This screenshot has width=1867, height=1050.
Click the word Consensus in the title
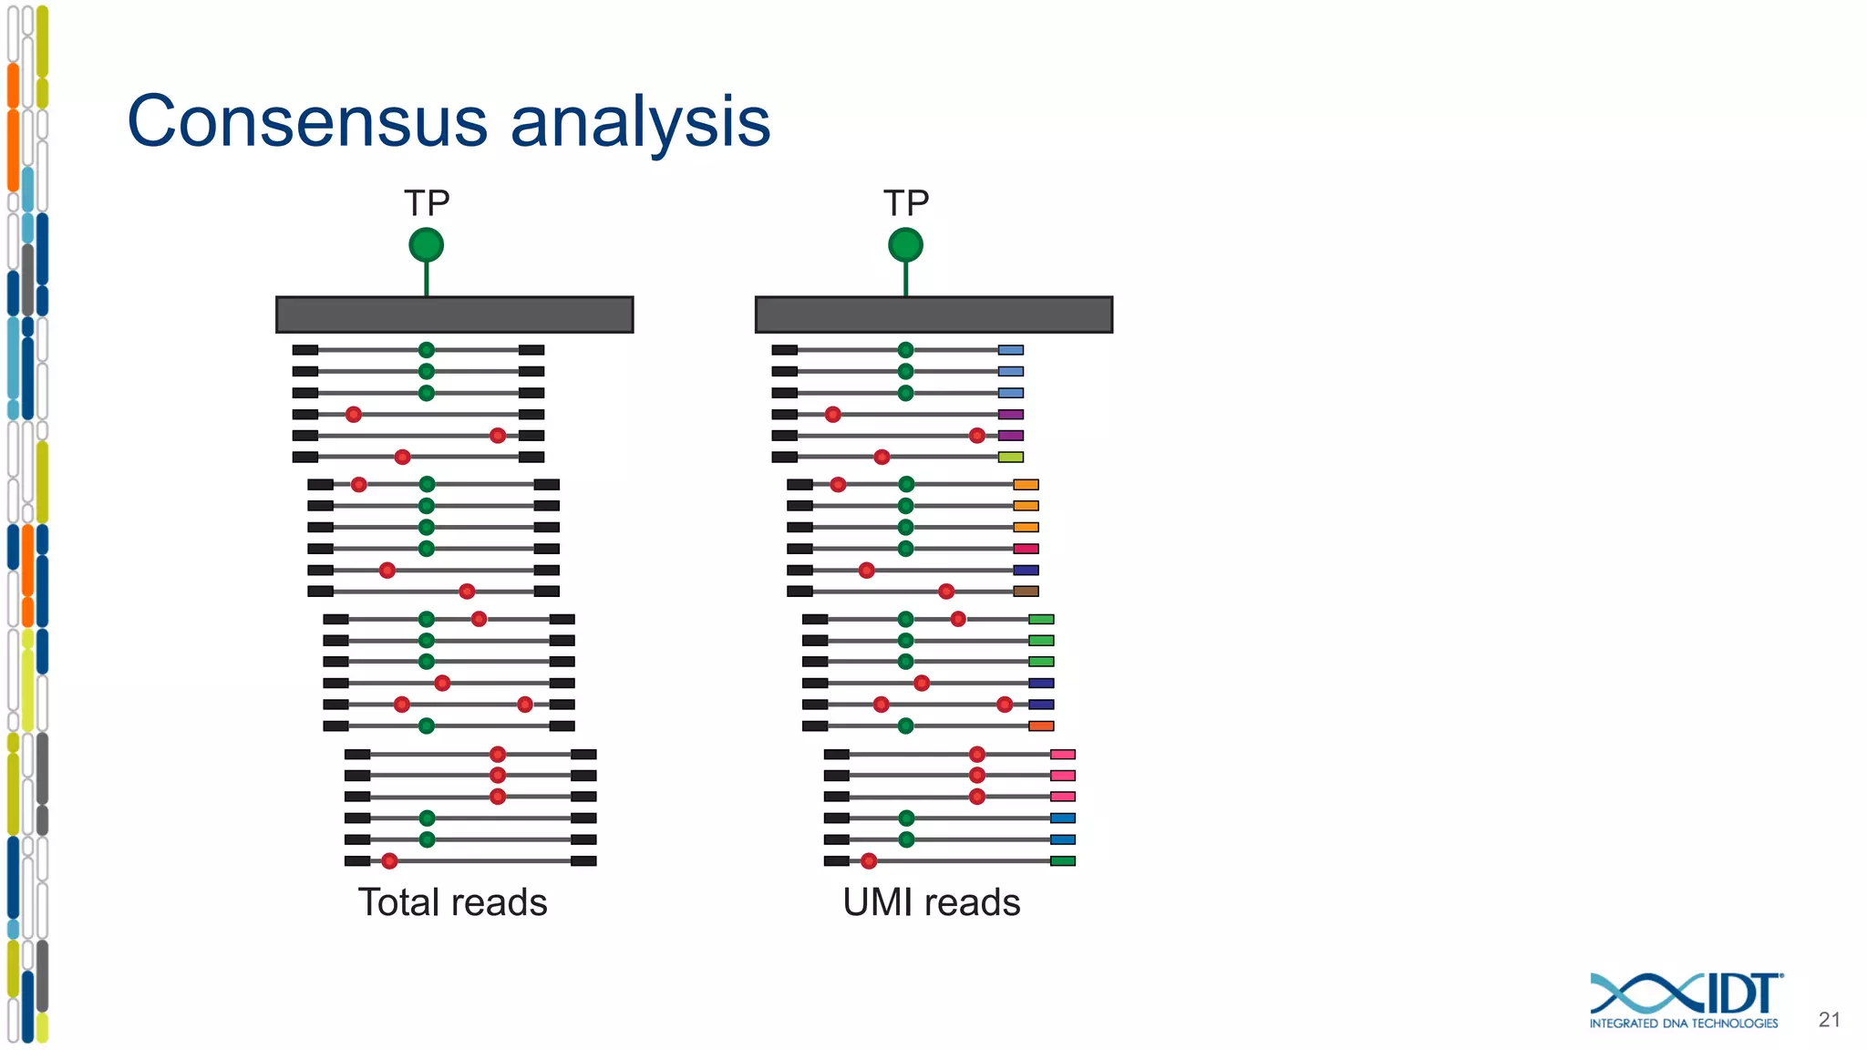pyautogui.click(x=307, y=121)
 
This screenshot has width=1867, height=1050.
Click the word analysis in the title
pyautogui.click(x=640, y=123)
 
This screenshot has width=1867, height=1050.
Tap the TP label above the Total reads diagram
pyautogui.click(x=427, y=203)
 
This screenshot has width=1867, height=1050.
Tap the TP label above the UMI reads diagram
pyautogui.click(x=905, y=203)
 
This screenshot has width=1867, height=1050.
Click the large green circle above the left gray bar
pyautogui.click(x=426, y=245)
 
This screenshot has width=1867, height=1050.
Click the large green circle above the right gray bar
pyautogui.click(x=905, y=245)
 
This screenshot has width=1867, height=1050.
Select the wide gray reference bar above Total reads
pyautogui.click(x=454, y=314)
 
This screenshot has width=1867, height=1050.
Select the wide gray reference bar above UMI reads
pyautogui.click(x=933, y=314)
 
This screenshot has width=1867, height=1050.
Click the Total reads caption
pyautogui.click(x=452, y=902)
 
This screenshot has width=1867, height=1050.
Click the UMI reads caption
pyautogui.click(x=931, y=902)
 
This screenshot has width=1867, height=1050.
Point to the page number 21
pyautogui.click(x=1829, y=1020)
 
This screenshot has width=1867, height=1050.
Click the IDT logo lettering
pyautogui.click(x=1741, y=993)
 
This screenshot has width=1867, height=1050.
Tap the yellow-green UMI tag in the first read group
pyautogui.click(x=1010, y=457)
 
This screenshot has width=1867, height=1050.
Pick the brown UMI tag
pyautogui.click(x=1026, y=592)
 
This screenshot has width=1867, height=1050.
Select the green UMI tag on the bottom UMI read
pyautogui.click(x=1062, y=861)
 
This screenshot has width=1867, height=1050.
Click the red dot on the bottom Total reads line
pyautogui.click(x=389, y=861)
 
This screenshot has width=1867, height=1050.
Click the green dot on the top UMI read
pyautogui.click(x=905, y=350)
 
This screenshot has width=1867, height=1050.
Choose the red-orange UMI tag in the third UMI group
pyautogui.click(x=1041, y=726)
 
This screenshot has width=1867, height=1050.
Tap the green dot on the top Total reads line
pyautogui.click(x=426, y=350)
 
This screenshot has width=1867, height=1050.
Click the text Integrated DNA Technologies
pyautogui.click(x=1683, y=1024)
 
